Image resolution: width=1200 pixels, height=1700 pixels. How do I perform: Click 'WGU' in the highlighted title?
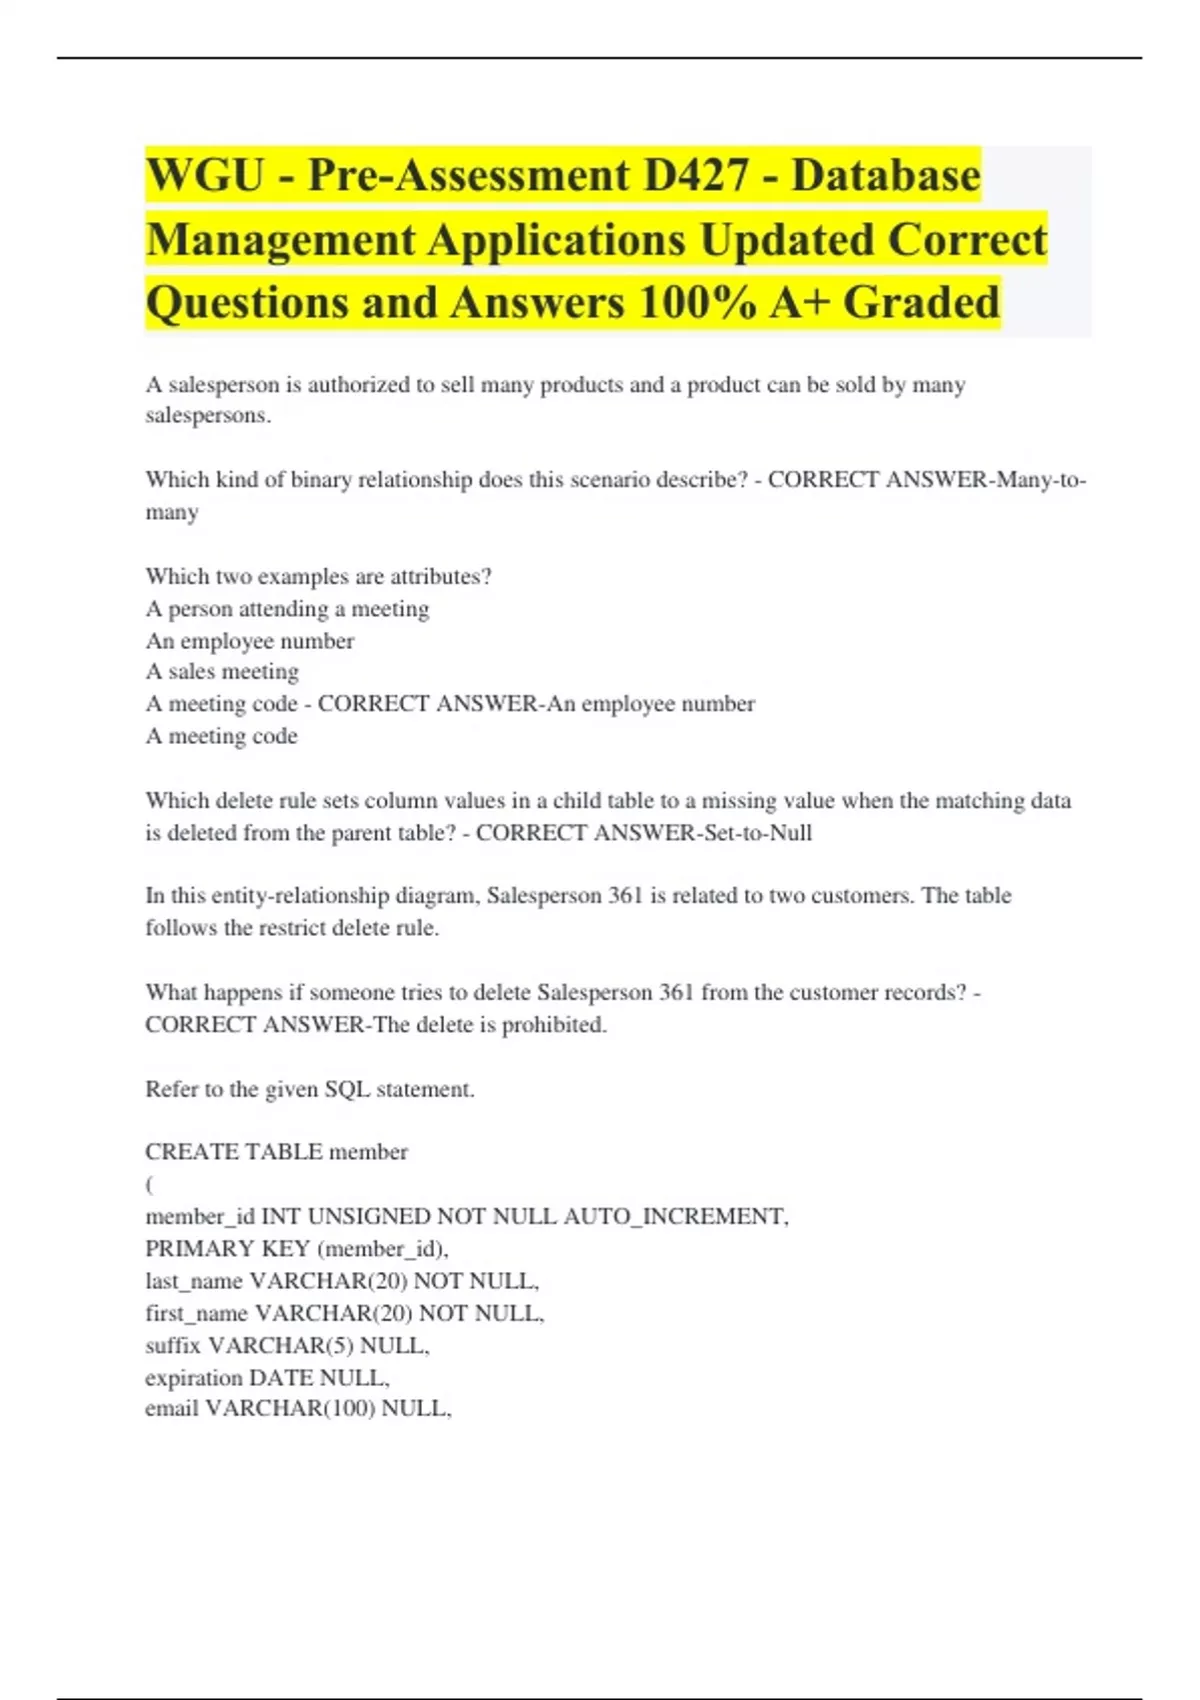(205, 176)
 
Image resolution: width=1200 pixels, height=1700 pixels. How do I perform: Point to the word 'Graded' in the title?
(921, 303)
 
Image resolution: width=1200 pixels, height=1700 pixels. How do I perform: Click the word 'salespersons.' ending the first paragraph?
(208, 416)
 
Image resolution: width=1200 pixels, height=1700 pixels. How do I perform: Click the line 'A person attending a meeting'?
(287, 609)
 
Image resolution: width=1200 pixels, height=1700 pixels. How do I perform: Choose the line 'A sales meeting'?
(222, 672)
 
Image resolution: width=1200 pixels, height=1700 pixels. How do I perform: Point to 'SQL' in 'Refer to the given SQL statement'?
(347, 1089)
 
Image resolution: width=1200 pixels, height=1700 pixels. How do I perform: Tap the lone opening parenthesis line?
(150, 1185)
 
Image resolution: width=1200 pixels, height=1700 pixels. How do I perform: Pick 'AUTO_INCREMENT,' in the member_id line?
(676, 1217)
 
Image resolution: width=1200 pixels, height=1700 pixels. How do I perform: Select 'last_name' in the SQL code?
(194, 1281)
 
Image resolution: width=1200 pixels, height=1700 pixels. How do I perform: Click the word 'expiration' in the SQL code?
(194, 1378)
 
